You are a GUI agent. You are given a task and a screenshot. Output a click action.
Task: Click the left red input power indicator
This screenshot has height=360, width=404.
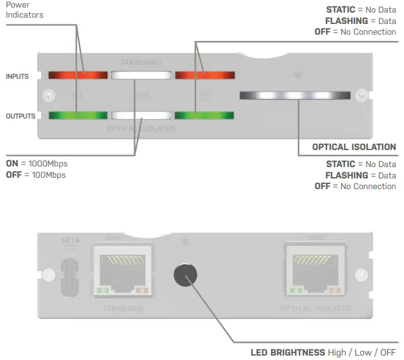[x=78, y=76]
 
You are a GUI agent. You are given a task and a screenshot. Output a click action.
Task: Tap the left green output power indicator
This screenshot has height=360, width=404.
[x=78, y=115]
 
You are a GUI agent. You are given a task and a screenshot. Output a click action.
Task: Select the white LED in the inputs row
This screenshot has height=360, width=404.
[x=141, y=76]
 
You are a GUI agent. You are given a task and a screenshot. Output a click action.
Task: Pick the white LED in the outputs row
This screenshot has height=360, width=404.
[x=141, y=115]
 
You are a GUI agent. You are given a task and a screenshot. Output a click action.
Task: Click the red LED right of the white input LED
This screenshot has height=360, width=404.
[x=205, y=76]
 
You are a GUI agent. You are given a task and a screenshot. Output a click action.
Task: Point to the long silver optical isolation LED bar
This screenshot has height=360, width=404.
[x=295, y=95]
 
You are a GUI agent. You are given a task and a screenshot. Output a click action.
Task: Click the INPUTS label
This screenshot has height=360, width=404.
[x=17, y=76]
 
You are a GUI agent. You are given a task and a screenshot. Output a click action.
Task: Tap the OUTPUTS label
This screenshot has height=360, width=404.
[x=20, y=116]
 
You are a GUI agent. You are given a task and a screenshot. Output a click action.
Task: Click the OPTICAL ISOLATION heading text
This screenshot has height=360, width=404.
[x=354, y=147]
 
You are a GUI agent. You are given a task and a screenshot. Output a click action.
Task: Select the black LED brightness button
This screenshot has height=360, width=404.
[x=185, y=275]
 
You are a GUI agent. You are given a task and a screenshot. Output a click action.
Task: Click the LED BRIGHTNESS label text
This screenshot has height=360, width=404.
[x=288, y=352]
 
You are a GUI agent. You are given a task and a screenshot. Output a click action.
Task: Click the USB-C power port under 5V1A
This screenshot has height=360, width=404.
[x=69, y=278]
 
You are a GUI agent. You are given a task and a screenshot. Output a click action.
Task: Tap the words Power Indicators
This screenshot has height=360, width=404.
[x=23, y=9]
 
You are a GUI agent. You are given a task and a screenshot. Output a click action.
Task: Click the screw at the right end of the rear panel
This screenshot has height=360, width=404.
[x=361, y=275]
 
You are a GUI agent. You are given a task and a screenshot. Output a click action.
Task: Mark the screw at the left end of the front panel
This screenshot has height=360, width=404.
[x=45, y=95]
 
